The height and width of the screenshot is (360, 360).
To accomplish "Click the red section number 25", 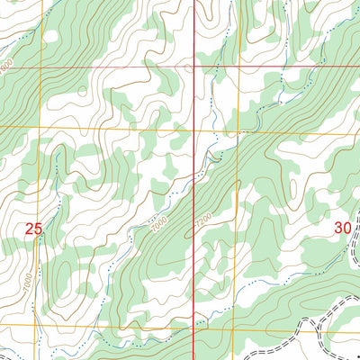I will coord(34,229).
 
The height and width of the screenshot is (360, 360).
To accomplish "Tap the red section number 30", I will coord(342,229).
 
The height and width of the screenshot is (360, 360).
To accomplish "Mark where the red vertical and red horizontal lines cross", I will coord(196,66).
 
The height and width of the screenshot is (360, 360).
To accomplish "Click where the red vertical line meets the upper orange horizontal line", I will coord(196,129).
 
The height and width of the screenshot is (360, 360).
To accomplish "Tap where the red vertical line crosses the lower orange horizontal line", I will coord(196,325).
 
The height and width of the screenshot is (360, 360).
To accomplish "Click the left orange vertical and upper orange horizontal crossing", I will coord(40,127).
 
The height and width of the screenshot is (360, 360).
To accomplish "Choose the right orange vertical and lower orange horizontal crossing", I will coord(237,326).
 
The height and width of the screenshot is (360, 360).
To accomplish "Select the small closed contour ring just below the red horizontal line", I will coord(83,91).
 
